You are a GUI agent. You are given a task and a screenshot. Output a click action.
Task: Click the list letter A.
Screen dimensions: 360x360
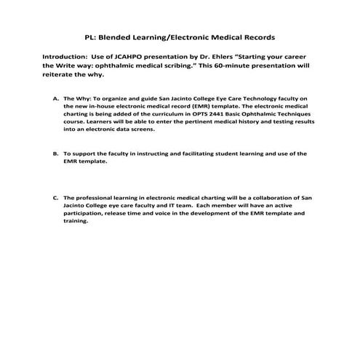pyautogui.click(x=56, y=97)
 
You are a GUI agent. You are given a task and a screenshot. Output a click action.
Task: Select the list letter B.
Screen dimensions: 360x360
pyautogui.click(x=56, y=154)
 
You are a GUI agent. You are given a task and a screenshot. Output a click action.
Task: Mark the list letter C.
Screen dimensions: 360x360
pyautogui.click(x=56, y=198)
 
